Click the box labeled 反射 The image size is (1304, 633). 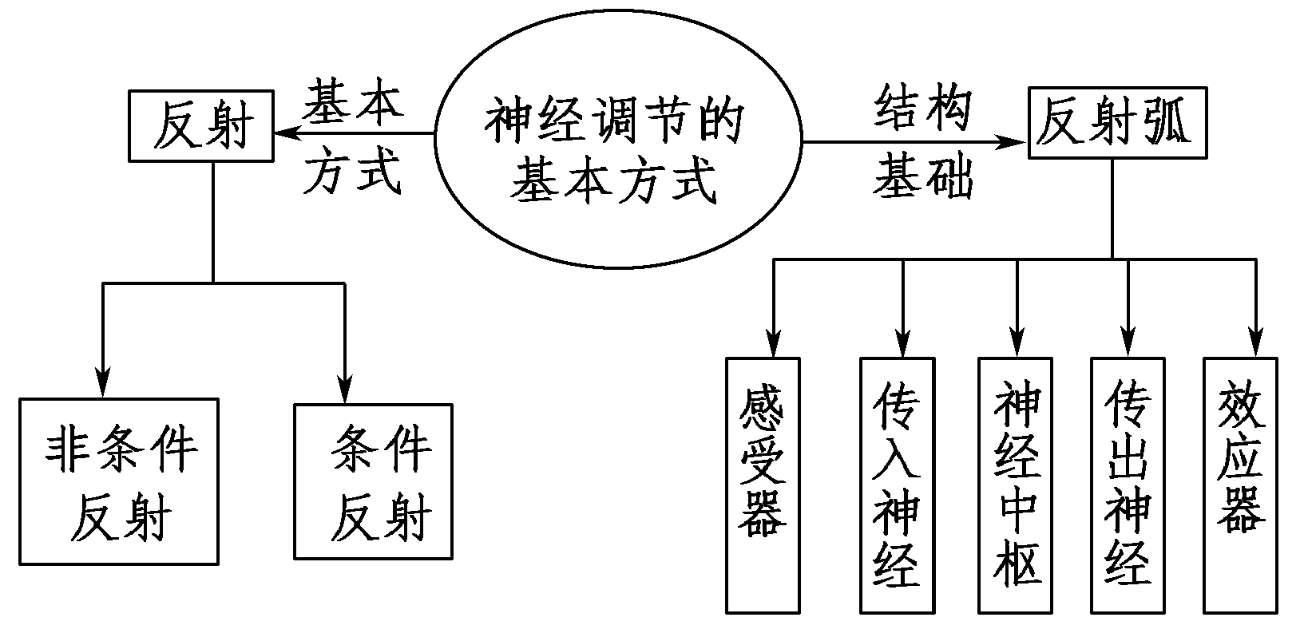coord(202,126)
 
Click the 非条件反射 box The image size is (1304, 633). coord(119,481)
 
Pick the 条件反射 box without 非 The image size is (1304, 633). coord(373,481)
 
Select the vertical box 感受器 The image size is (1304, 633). coord(762,485)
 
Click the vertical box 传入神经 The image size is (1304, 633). coord(897,485)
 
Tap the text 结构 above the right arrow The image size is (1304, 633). coord(922,108)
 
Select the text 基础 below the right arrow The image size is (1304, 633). coord(922,177)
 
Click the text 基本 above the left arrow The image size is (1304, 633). coord(352,101)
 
